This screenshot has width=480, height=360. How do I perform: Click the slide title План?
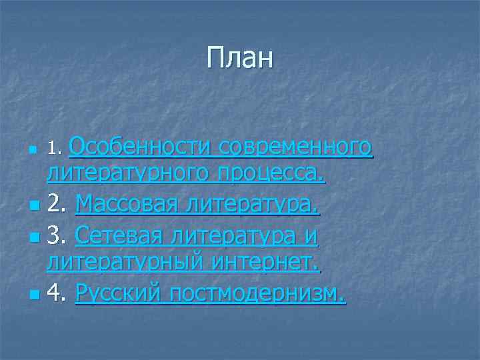click(240, 58)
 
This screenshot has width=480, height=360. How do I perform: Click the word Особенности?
click(133, 145)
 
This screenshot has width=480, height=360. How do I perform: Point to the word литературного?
click(126, 175)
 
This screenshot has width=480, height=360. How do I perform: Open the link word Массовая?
click(127, 203)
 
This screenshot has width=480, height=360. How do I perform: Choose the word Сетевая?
click(122, 234)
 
